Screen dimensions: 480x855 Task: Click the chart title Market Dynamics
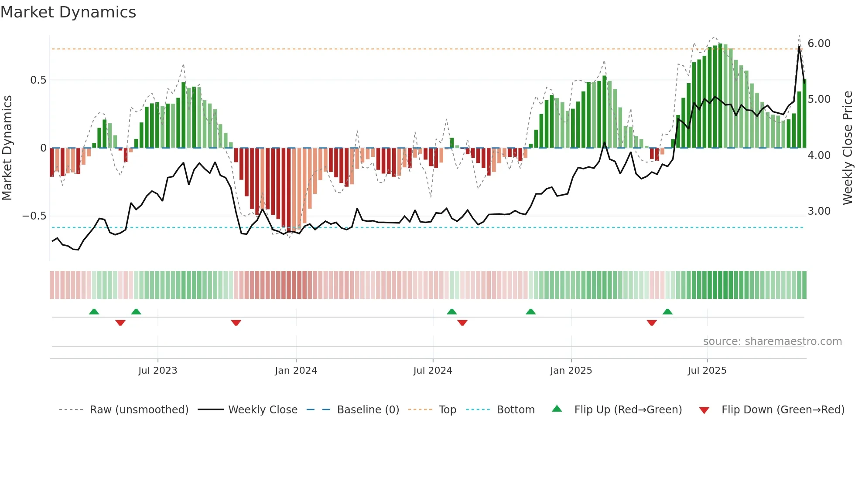tap(68, 12)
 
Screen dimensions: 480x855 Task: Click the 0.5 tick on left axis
tap(38, 80)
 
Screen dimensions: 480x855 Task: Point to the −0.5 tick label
tap(34, 216)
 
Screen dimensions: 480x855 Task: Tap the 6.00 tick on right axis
tap(819, 44)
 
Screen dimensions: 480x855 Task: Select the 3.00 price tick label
tap(819, 211)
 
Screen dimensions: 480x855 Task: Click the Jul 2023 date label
tap(157, 371)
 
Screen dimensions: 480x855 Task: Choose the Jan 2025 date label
tap(571, 371)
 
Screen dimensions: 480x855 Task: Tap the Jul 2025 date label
tap(707, 371)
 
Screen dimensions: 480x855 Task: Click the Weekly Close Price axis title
tap(847, 148)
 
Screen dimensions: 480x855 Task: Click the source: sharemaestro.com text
tap(772, 341)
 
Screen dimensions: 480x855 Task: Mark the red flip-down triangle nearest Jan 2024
tap(236, 323)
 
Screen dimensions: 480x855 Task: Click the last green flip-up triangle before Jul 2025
tap(667, 311)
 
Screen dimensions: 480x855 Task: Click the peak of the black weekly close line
tap(799, 47)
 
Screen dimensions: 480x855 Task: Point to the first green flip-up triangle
tap(94, 311)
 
